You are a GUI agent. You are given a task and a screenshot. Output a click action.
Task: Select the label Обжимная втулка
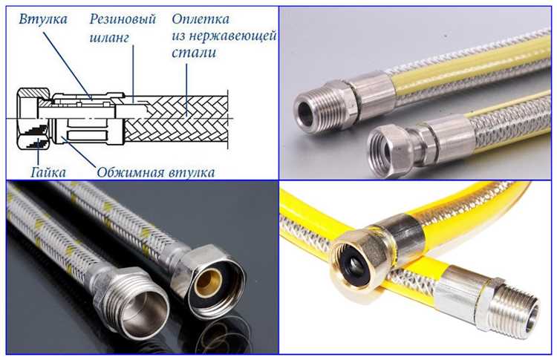pyautogui.click(x=157, y=171)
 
